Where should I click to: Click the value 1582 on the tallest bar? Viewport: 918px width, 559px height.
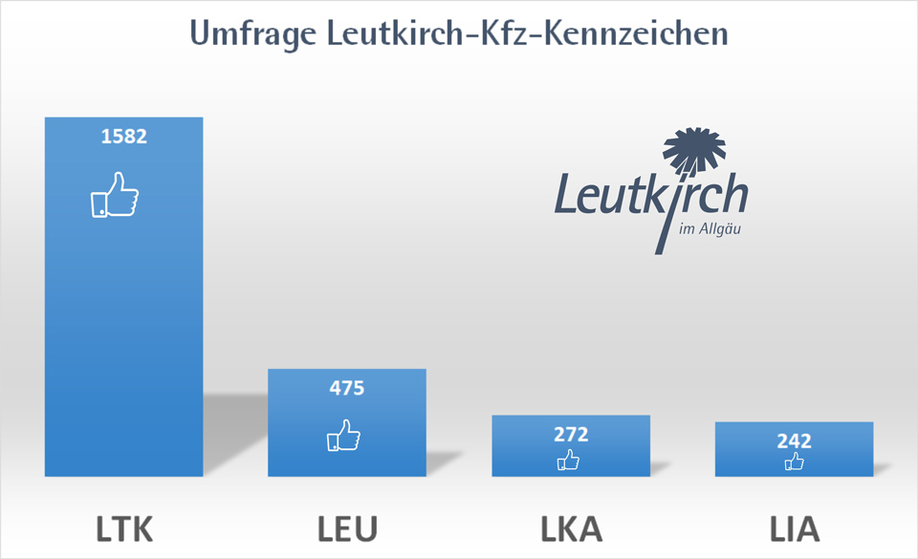(123, 136)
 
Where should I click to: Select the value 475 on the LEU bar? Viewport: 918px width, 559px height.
(347, 388)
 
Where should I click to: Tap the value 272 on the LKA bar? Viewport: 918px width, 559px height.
(571, 434)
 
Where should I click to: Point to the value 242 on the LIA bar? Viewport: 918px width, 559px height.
(794, 441)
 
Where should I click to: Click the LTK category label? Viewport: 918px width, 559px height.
(123, 527)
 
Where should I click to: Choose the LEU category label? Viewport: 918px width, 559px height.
(347, 527)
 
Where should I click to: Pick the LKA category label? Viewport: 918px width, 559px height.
(571, 527)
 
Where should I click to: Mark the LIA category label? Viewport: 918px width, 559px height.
(794, 527)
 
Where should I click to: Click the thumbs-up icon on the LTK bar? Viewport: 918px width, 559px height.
(114, 195)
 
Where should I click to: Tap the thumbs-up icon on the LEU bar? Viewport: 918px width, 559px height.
(343, 436)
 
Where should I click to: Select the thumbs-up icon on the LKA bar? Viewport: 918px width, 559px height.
(568, 462)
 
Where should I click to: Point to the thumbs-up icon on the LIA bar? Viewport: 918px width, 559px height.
(794, 462)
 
